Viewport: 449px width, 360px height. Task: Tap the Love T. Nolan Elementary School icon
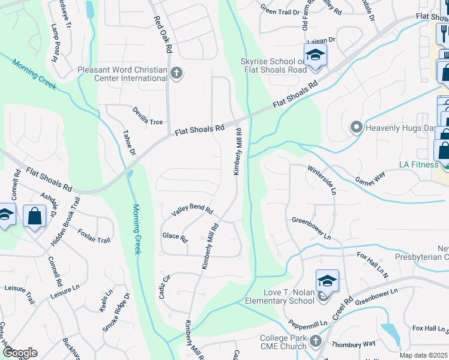327,281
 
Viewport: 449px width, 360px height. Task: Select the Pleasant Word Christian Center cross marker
176,74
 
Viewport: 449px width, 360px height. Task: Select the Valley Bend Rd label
192,209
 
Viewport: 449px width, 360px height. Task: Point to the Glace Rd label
175,236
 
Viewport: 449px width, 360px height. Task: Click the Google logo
20,353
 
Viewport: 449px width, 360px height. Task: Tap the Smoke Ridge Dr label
116,313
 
